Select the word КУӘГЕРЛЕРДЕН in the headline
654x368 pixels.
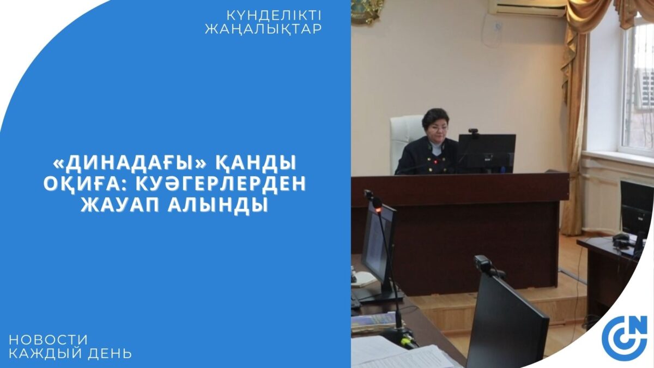tap(221, 183)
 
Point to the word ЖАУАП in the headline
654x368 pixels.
tap(120, 204)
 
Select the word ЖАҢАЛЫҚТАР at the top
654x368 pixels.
tap(263, 29)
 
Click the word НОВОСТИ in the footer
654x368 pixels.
tap(48, 339)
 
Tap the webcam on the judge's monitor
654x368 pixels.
tap(474, 132)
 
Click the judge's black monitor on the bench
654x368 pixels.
tap(486, 153)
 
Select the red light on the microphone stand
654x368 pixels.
tap(379, 210)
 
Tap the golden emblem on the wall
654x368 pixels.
tap(367, 11)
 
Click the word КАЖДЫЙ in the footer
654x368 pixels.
tap(46, 353)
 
